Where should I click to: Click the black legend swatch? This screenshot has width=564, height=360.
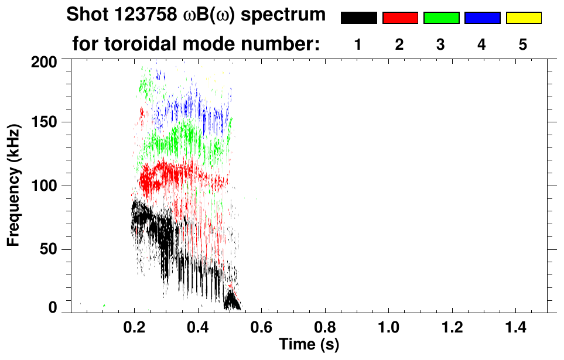click(x=358, y=18)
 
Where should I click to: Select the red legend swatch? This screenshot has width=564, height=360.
click(x=400, y=18)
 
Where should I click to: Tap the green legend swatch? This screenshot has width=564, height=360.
click(x=441, y=18)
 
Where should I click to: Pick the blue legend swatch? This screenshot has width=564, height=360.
click(x=482, y=18)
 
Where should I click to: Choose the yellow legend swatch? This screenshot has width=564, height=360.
click(x=523, y=18)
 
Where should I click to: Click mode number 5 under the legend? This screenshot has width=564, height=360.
click(x=523, y=44)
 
